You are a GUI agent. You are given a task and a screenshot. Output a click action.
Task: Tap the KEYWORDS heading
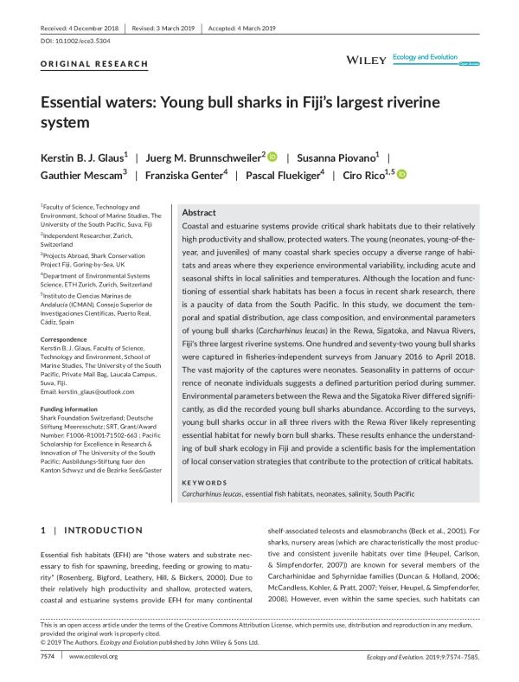pos(206,482)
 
